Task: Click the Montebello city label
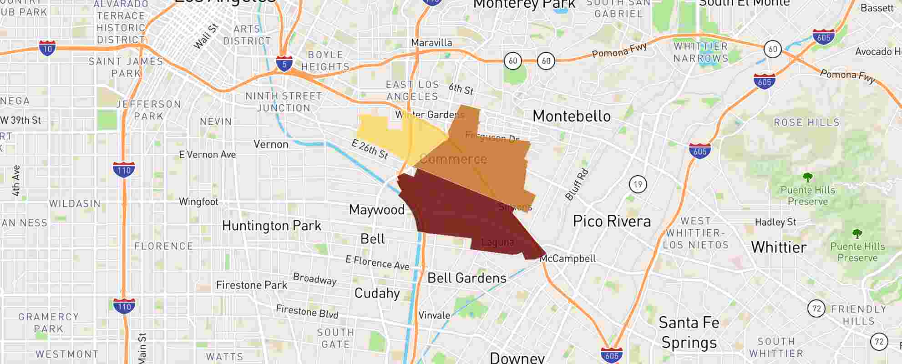coord(572,116)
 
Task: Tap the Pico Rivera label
coord(612,222)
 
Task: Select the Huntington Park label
coord(272,226)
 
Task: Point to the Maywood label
coord(377,210)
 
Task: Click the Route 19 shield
coord(638,184)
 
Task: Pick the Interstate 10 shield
coord(47,48)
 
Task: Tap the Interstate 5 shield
coord(284,64)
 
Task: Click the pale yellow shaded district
coord(391,136)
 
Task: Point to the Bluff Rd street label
coord(577,185)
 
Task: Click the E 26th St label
coord(370,149)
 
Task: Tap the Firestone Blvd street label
coord(307,312)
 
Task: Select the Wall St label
coord(206,36)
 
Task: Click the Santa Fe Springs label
coord(689,333)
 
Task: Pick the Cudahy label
coord(377,293)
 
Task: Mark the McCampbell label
coord(568,259)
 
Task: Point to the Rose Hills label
coord(806,122)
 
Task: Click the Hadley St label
coord(775,222)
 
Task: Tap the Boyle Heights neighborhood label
coord(325,61)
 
